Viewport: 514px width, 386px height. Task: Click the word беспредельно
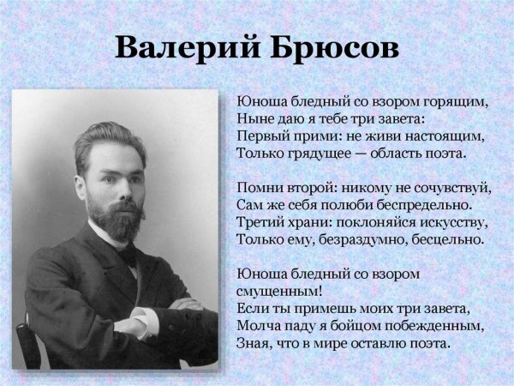pyautogui.click(x=416, y=205)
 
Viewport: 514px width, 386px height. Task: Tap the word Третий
pyautogui.click(x=260, y=222)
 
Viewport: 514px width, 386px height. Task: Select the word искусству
pyautogui.click(x=448, y=222)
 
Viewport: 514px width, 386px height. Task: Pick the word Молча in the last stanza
pyautogui.click(x=256, y=326)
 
